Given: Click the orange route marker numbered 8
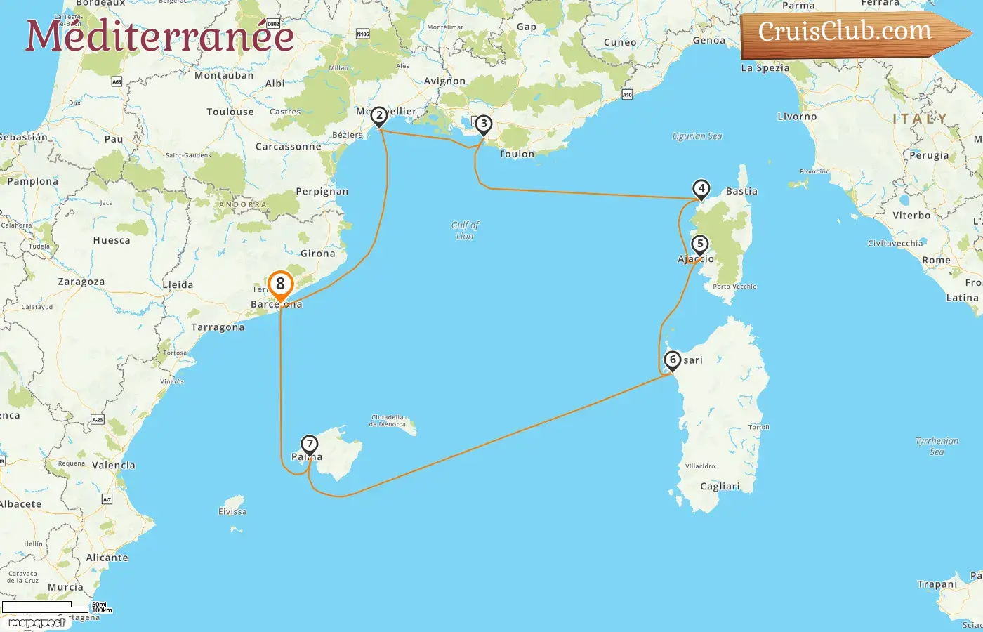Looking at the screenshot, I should point(280,284).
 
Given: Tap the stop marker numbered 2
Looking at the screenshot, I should point(379,116).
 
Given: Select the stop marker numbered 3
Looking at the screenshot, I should point(483,124).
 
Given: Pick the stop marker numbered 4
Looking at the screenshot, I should point(701,189).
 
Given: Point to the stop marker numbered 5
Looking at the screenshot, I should point(699,244).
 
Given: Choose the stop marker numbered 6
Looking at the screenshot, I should point(673,360).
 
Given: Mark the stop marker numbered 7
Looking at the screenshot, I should point(309,445).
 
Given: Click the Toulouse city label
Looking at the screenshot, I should point(230,112).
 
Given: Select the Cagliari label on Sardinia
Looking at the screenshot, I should point(720,486).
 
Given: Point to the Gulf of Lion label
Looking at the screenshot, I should point(465,230).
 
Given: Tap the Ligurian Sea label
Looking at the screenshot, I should point(697,136).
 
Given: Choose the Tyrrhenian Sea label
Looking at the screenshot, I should point(937,446).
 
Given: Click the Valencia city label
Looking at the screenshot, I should point(114,465).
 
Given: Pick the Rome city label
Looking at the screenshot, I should point(936,260).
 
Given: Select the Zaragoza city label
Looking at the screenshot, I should point(81,282).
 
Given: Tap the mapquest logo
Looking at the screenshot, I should point(37,623).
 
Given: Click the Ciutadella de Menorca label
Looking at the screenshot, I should point(388,421).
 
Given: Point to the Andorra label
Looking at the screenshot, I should point(243,204).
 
